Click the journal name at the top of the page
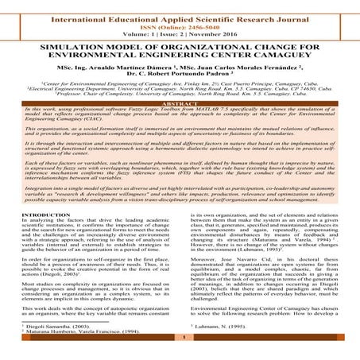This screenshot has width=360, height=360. [x=180, y=12]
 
